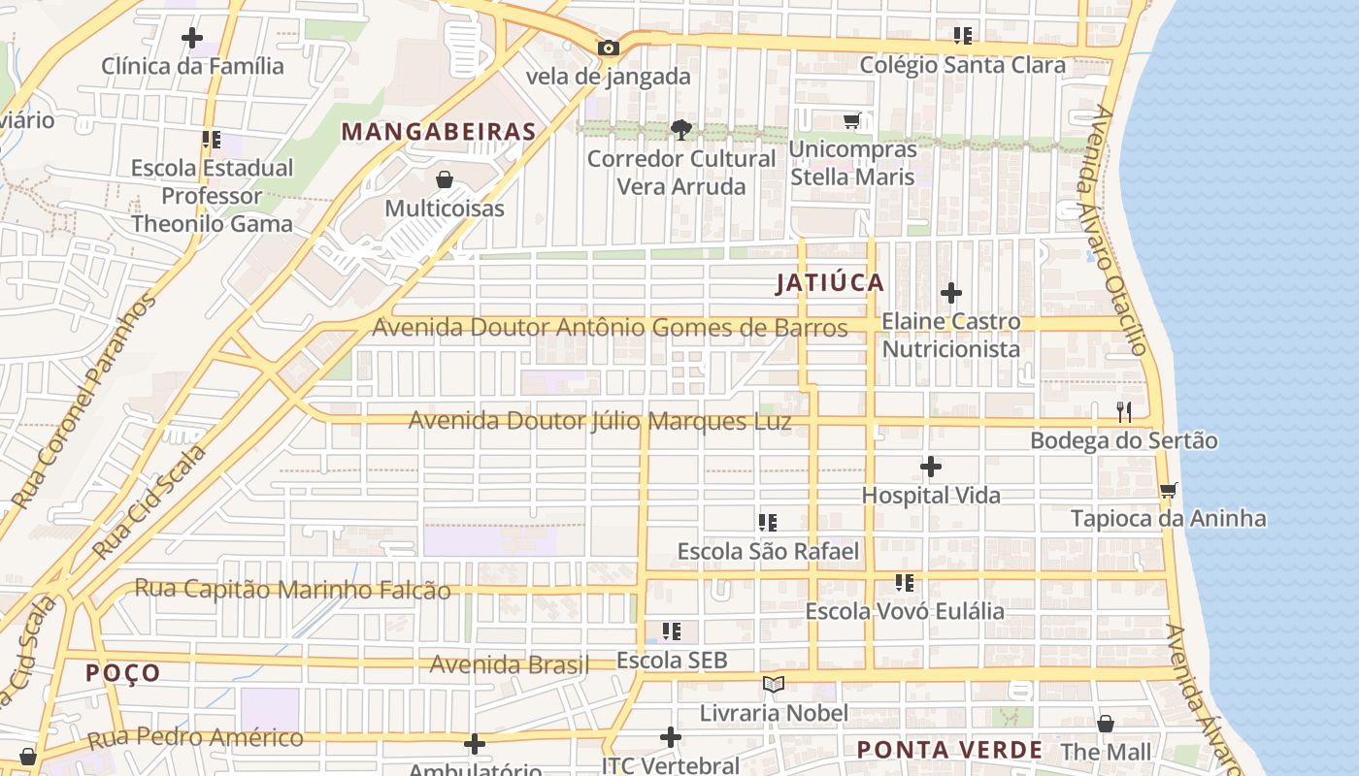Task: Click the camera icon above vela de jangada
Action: pyautogui.click(x=609, y=48)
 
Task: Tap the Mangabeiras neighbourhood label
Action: pyautogui.click(x=439, y=132)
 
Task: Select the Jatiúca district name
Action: pyautogui.click(x=830, y=283)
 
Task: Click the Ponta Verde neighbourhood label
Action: pyautogui.click(x=949, y=750)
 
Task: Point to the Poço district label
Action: pyautogui.click(x=122, y=673)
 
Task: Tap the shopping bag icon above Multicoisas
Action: pyautogui.click(x=445, y=179)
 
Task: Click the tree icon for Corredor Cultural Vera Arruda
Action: pyautogui.click(x=681, y=129)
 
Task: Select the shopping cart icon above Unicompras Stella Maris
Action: pyautogui.click(x=851, y=121)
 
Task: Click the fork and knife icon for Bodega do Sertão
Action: pyautogui.click(x=1124, y=412)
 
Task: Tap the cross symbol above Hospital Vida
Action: pyautogui.click(x=930, y=468)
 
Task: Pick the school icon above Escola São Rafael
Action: pyautogui.click(x=768, y=523)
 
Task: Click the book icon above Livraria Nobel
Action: pyautogui.click(x=774, y=685)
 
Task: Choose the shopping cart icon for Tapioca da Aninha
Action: pyautogui.click(x=1168, y=490)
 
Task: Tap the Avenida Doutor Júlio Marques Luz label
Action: pyautogui.click(x=599, y=421)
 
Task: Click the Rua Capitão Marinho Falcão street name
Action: pyautogui.click(x=292, y=589)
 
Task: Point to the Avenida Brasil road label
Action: pyautogui.click(x=509, y=664)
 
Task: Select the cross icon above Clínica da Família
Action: pyautogui.click(x=192, y=38)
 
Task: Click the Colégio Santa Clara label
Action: pyautogui.click(x=962, y=65)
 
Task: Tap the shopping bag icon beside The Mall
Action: pyautogui.click(x=1105, y=724)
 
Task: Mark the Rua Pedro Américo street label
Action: pyautogui.click(x=195, y=737)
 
